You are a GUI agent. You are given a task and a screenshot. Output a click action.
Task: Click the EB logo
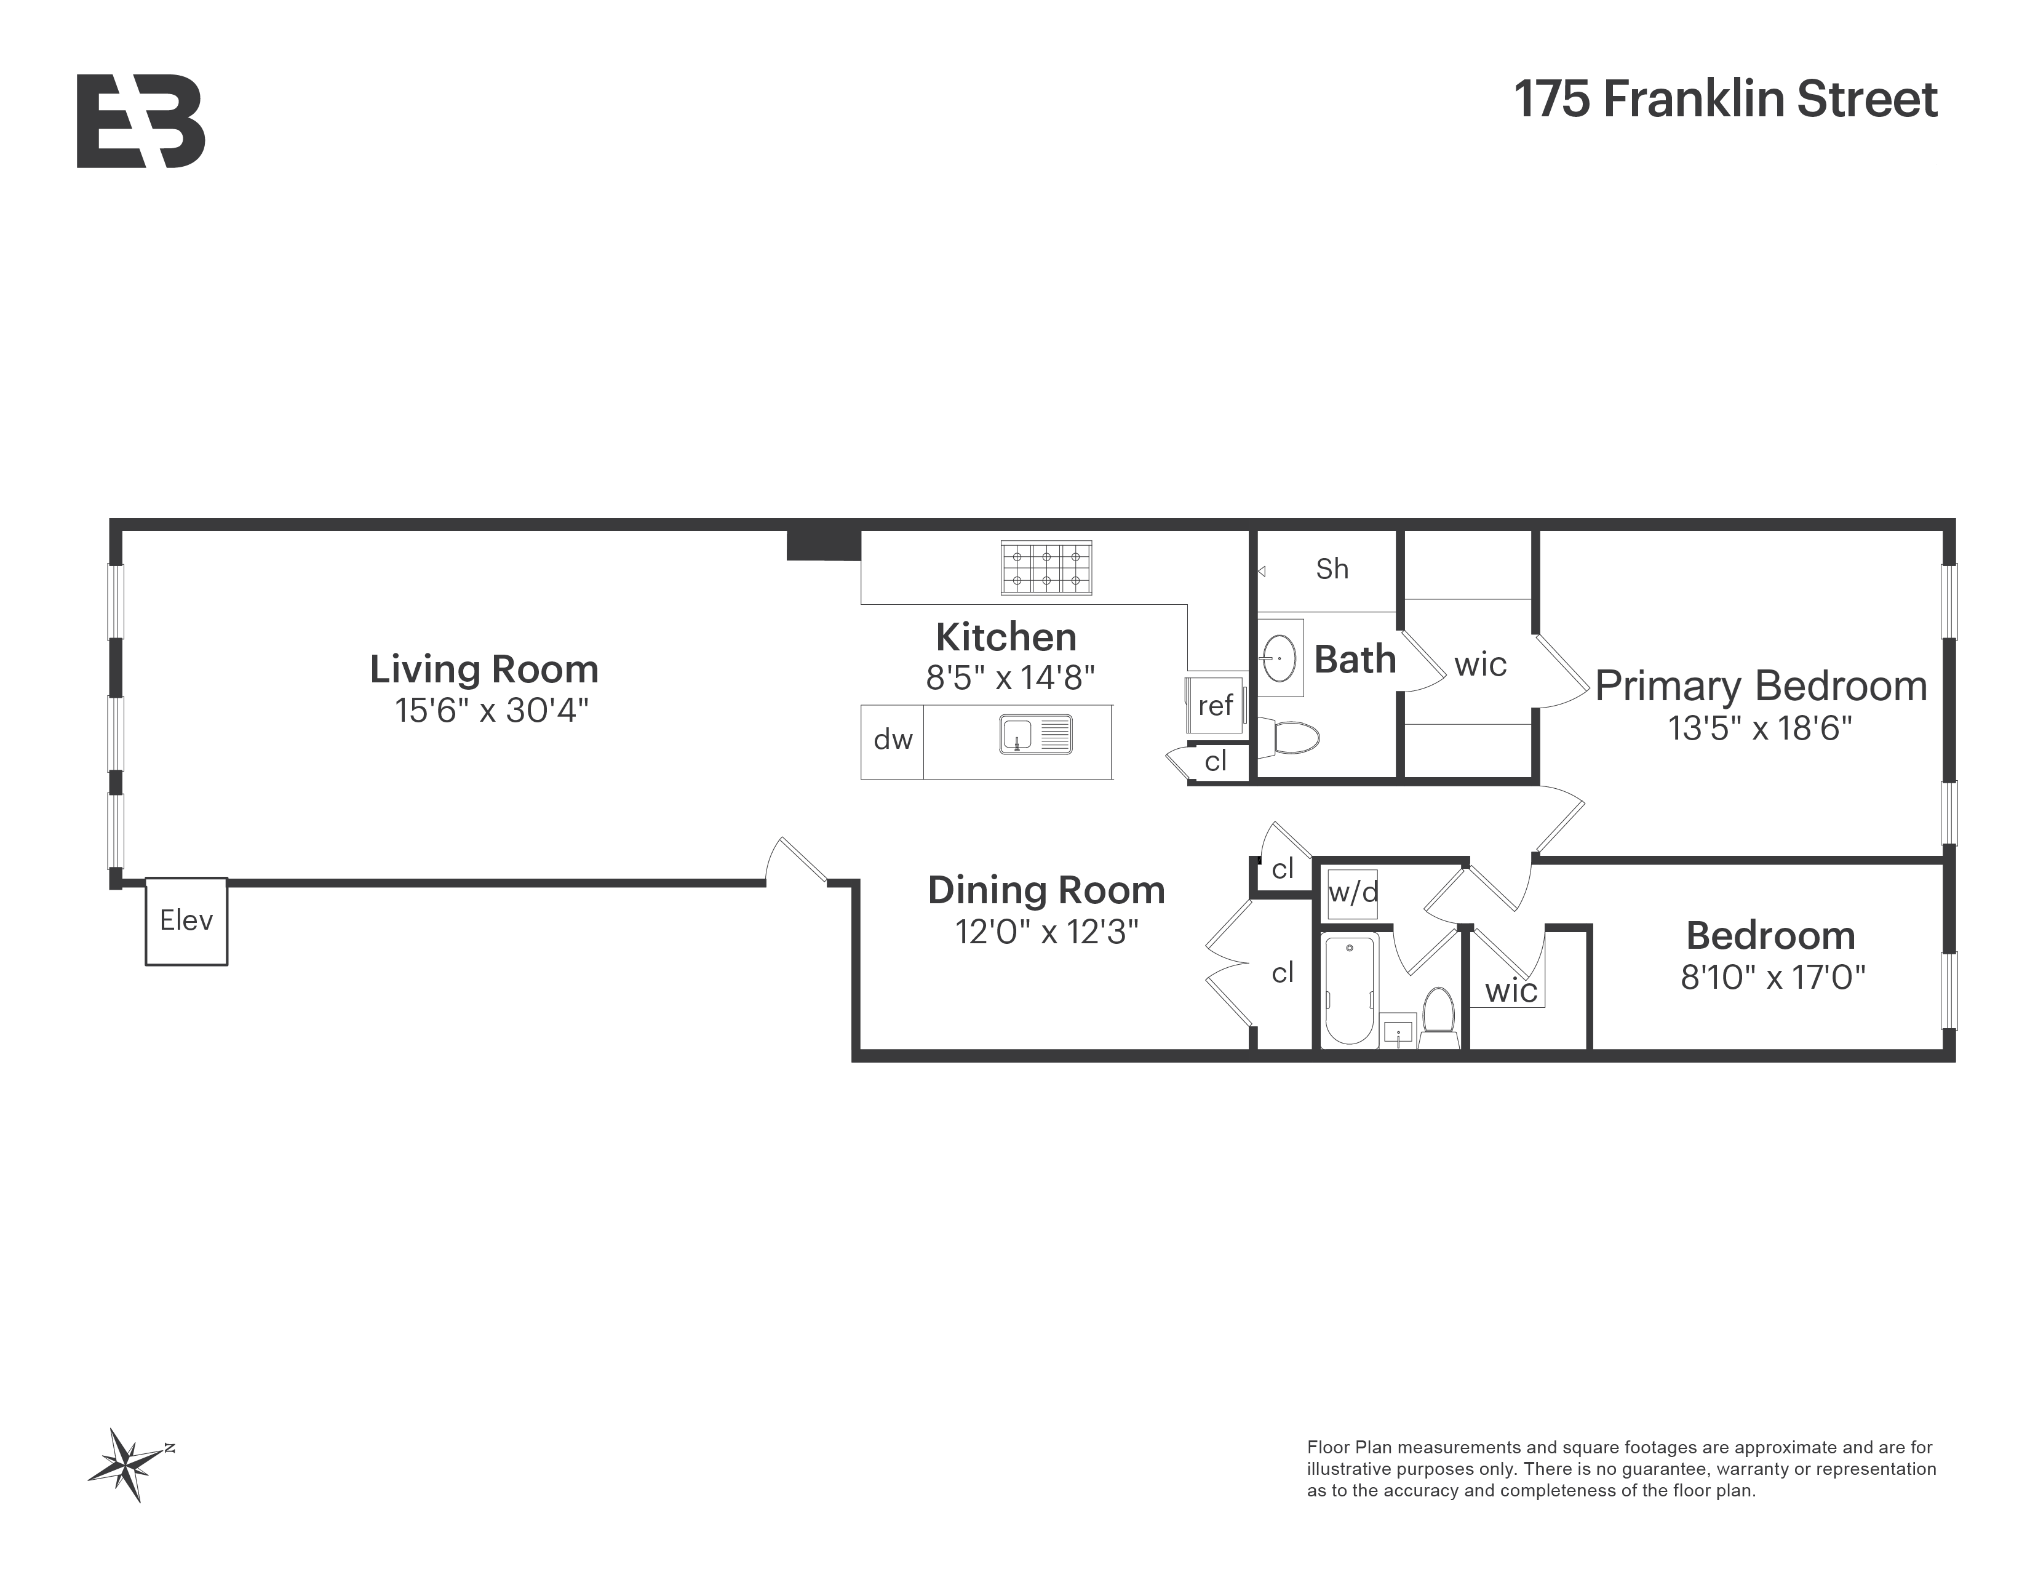click(x=140, y=122)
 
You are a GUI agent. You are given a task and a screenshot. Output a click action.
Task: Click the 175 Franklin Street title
click(x=1725, y=100)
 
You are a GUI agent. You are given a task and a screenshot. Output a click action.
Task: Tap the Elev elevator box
click(x=186, y=920)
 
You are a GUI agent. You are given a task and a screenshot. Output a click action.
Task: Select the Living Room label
click(x=484, y=669)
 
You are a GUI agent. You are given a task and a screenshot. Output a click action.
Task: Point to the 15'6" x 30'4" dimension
click(x=492, y=711)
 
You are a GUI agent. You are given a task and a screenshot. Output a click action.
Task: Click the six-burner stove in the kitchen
click(x=1046, y=568)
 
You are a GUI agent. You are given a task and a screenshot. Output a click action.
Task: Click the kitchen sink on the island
click(x=1035, y=734)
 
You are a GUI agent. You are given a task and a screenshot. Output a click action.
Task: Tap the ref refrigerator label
click(x=1215, y=706)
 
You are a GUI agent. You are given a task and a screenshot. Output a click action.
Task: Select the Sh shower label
click(x=1331, y=569)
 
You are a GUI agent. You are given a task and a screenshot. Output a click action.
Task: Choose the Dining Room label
click(x=1046, y=890)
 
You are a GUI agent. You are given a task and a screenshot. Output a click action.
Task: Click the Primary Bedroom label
click(x=1761, y=686)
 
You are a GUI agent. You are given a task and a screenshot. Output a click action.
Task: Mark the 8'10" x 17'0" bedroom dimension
click(x=1772, y=978)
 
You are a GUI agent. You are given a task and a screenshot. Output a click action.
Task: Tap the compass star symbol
click(x=127, y=1465)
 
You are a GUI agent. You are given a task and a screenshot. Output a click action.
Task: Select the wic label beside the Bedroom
click(x=1510, y=991)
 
